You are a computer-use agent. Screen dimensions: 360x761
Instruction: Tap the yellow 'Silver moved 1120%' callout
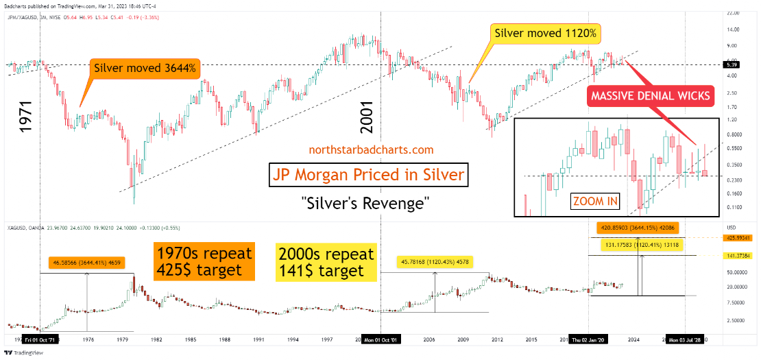coord(546,32)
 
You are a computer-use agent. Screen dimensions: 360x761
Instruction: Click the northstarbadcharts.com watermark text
coord(372,149)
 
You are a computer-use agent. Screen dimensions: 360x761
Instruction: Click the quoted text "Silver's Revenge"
coord(370,203)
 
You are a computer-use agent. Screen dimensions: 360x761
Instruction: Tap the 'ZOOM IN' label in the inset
coord(595,202)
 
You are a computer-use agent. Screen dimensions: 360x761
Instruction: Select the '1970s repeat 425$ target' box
coord(204,260)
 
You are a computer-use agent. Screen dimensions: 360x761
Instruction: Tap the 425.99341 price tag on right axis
coord(739,238)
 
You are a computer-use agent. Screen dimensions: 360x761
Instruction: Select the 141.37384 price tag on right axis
coord(739,256)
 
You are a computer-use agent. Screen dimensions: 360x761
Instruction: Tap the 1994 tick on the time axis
coord(293,339)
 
